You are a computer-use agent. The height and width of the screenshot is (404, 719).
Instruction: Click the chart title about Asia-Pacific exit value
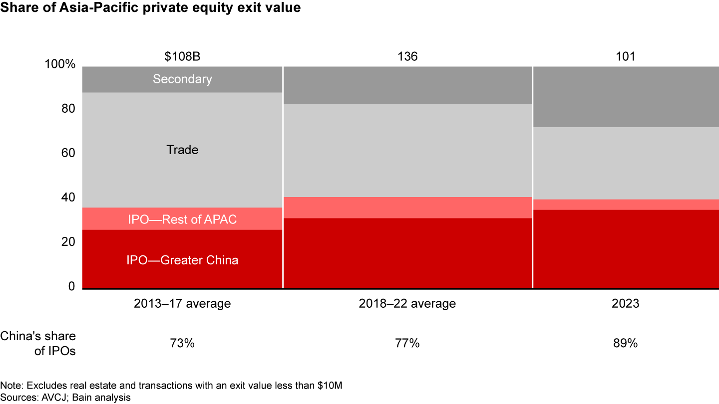point(150,8)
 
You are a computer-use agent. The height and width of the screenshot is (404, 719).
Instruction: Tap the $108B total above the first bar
point(182,56)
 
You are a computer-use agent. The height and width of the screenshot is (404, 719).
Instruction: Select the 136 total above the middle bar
point(407,56)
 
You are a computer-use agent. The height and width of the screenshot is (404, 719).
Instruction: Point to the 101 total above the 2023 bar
point(625,56)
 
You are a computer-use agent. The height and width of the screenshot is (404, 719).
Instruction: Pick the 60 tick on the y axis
point(68,154)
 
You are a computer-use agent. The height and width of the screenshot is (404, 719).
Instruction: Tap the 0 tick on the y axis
point(71,287)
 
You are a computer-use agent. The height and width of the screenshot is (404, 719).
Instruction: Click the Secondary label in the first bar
point(182,79)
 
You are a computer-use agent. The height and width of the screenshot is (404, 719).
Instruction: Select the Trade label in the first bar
point(182,150)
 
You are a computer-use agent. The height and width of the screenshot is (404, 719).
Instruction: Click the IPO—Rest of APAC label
point(182,219)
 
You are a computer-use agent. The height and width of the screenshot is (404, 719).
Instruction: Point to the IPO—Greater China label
point(182,260)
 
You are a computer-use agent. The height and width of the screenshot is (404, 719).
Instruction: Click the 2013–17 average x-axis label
point(182,303)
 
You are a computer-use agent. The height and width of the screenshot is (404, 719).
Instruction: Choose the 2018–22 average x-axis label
point(407,303)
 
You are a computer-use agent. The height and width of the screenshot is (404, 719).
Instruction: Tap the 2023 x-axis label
point(625,303)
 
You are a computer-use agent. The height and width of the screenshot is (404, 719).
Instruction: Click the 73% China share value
point(182,343)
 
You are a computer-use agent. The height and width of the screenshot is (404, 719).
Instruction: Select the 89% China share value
point(625,343)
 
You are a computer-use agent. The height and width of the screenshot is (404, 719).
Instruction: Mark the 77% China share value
point(407,343)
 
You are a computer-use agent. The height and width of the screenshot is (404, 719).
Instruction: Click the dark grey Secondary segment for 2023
point(626,97)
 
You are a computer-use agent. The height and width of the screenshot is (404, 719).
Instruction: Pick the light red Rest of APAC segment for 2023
point(626,204)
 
